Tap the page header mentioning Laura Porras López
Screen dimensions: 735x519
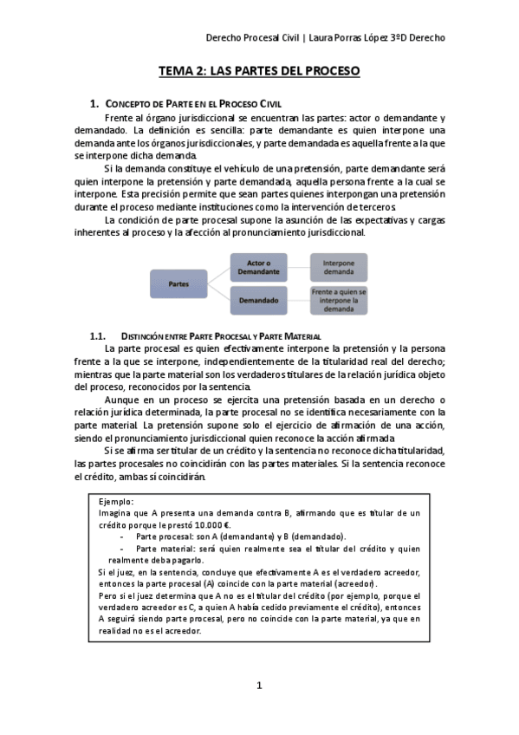coord(327,38)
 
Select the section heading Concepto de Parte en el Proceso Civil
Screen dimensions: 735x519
coord(198,103)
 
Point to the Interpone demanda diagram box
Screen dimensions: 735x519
coord(339,266)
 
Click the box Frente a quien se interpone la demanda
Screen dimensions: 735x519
coord(339,300)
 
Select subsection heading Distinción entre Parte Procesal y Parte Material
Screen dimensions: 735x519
coord(221,335)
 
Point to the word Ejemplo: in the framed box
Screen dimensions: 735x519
coord(117,501)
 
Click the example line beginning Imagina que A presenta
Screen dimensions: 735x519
coord(260,513)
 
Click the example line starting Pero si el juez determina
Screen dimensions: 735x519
coord(260,596)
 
